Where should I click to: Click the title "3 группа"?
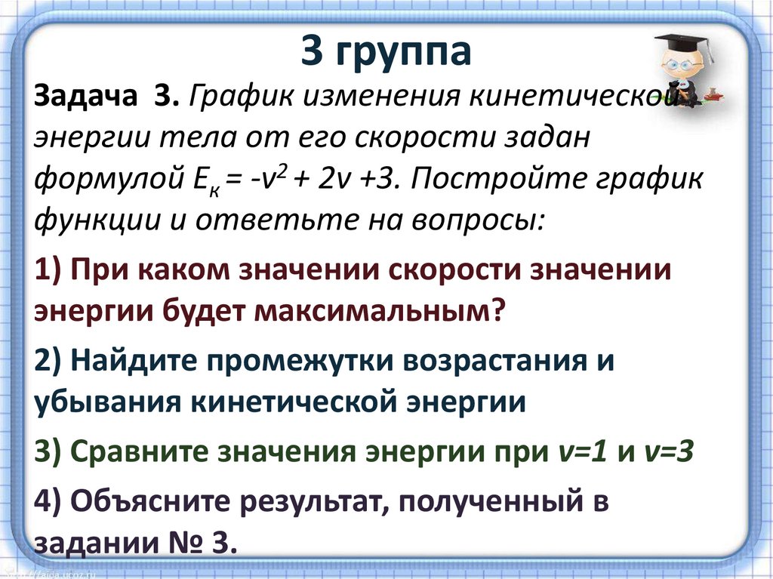coord(386,51)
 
